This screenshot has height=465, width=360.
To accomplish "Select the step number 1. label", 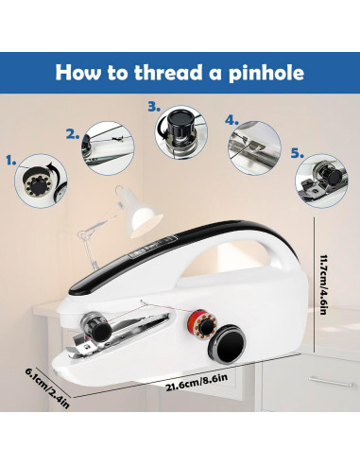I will click(13, 162).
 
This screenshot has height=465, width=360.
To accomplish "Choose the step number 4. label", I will click(231, 121).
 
